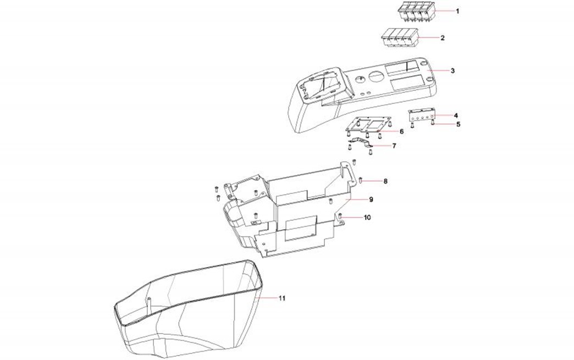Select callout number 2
(x=443, y=38)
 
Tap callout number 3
(x=452, y=71)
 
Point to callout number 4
(x=456, y=115)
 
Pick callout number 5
(x=458, y=124)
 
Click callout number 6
(x=401, y=131)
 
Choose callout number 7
(x=394, y=146)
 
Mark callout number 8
(x=385, y=181)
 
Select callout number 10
(x=367, y=218)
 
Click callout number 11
(x=282, y=298)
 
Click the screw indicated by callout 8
(x=360, y=180)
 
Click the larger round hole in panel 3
(x=376, y=76)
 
